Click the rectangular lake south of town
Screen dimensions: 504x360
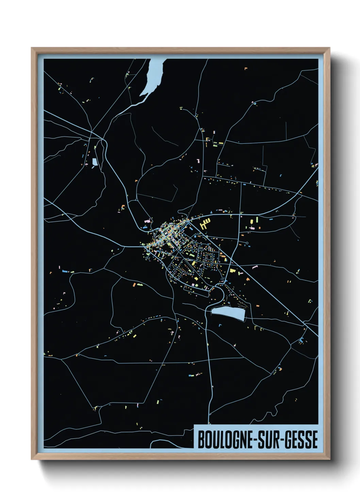228,313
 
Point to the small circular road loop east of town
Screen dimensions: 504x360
247,243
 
